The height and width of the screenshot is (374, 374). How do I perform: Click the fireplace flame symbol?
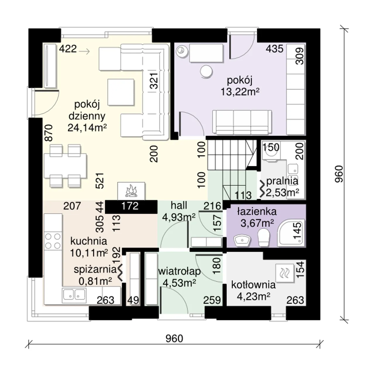click(x=131, y=191)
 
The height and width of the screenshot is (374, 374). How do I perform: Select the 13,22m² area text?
click(x=240, y=92)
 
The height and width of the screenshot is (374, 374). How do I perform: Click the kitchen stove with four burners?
click(x=53, y=241)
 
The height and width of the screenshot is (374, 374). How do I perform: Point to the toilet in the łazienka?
click(x=264, y=238)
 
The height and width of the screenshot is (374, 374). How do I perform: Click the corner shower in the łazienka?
click(x=290, y=233)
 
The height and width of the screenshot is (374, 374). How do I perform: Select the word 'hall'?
click(x=179, y=205)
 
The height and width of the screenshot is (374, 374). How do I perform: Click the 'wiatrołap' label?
click(x=179, y=271)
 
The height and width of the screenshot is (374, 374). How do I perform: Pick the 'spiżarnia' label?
click(x=95, y=270)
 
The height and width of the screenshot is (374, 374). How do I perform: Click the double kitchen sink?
click(x=74, y=295)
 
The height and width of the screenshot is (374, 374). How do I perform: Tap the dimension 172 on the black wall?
click(x=130, y=206)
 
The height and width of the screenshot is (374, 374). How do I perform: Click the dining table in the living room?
click(x=65, y=166)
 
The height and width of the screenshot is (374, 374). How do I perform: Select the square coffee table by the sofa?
click(x=121, y=92)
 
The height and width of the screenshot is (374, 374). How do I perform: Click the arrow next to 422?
click(x=84, y=51)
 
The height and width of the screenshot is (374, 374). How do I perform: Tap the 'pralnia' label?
click(x=282, y=181)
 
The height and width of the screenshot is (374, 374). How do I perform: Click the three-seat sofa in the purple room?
click(x=242, y=122)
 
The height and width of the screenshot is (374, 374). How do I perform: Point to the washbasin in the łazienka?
click(x=242, y=241)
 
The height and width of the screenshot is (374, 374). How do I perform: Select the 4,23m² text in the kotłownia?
click(x=254, y=296)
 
